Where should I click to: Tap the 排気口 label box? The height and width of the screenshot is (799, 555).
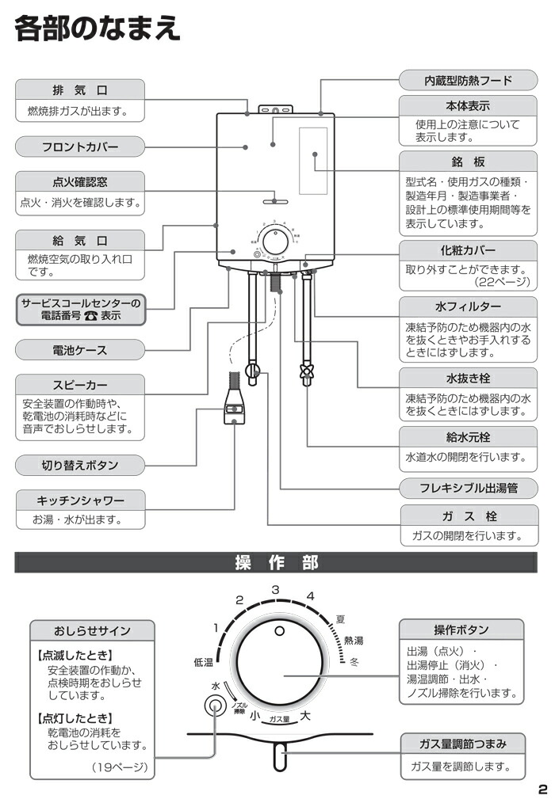click(x=80, y=89)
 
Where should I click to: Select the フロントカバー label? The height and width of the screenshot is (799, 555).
click(x=80, y=146)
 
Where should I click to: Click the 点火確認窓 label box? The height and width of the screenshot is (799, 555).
click(x=80, y=181)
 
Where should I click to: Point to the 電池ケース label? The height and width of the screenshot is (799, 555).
click(x=80, y=349)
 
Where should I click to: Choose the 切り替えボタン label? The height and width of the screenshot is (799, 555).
click(x=80, y=465)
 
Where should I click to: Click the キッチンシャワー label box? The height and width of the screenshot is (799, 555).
click(x=80, y=500)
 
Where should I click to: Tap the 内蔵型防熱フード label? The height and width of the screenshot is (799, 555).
click(x=467, y=80)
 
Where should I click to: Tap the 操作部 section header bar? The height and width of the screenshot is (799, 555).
click(x=277, y=562)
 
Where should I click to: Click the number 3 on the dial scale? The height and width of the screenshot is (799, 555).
click(x=275, y=589)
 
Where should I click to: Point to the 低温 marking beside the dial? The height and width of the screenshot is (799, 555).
click(x=203, y=661)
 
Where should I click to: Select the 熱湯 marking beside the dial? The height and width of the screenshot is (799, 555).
click(x=354, y=640)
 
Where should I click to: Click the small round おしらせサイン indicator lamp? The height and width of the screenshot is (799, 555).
click(x=212, y=706)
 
